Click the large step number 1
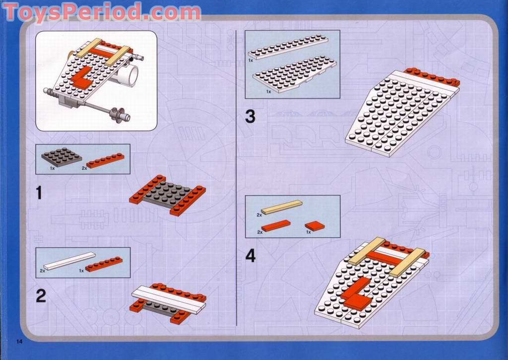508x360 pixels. [x=39, y=193]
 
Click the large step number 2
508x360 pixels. [x=41, y=296]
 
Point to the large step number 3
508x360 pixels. [x=250, y=116]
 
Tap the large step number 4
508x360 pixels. [x=251, y=256]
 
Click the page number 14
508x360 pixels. [x=19, y=342]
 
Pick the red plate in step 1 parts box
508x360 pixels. [x=105, y=160]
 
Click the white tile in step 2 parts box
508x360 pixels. [x=69, y=261]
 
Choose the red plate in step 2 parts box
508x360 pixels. [x=104, y=264]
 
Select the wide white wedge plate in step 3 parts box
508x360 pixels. [x=295, y=74]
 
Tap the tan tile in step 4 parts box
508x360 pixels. [x=282, y=207]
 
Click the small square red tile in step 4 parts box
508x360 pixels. [x=315, y=226]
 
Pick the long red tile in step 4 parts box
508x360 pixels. [x=276, y=226]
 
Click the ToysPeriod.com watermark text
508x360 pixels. [x=102, y=12]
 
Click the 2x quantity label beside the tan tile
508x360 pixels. [x=259, y=215]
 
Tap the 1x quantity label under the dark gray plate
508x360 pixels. [x=53, y=169]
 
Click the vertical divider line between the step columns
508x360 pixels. [x=237, y=178]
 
